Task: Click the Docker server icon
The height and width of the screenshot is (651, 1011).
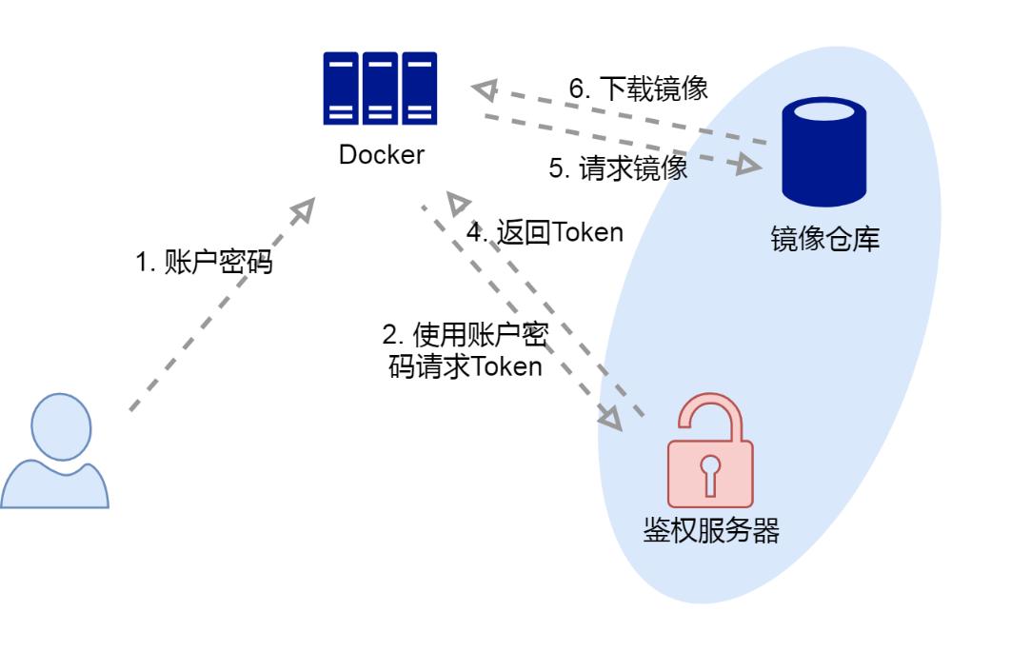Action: pos(380,89)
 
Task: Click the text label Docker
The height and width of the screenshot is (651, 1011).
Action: pos(381,155)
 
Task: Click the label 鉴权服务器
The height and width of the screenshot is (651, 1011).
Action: pos(711,531)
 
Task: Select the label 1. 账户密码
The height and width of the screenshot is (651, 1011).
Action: pos(204,263)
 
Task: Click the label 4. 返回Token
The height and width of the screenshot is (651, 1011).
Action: pos(545,232)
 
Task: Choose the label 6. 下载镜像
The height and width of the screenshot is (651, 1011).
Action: pos(639,89)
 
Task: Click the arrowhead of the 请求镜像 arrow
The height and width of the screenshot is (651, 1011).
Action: pos(749,166)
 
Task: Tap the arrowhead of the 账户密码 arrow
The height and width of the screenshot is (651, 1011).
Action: pos(305,209)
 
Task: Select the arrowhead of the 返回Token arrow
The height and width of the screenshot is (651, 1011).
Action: pos(460,202)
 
